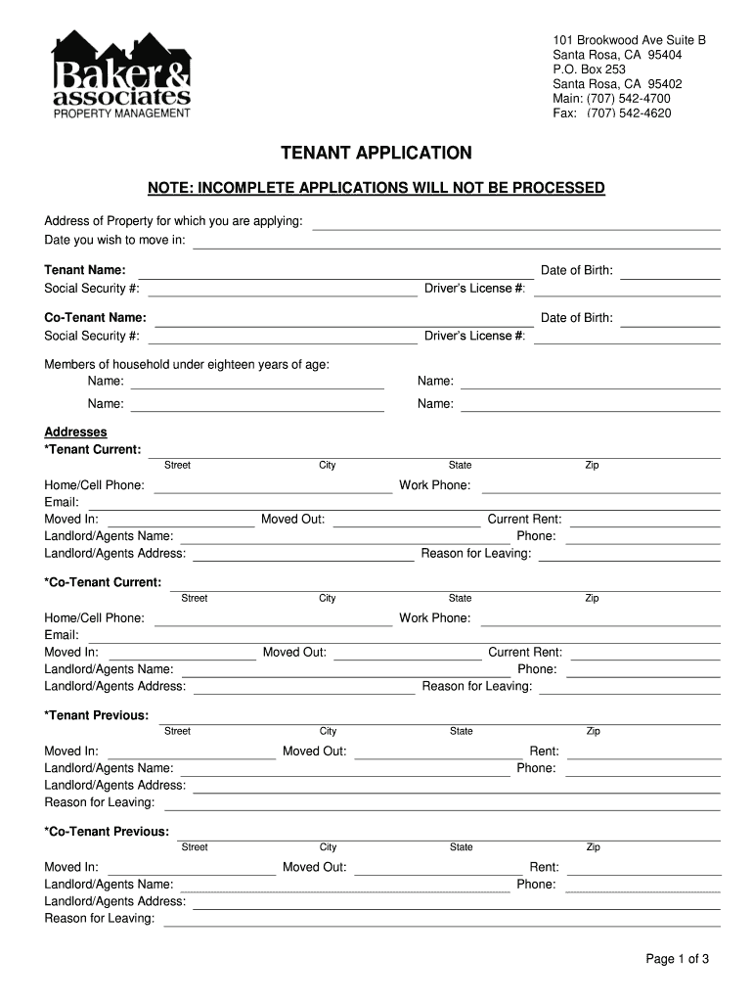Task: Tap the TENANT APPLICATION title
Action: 376,154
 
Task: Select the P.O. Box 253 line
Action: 589,69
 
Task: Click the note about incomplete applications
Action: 376,188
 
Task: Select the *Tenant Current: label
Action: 93,449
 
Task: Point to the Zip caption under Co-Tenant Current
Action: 592,598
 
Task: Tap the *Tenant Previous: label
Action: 97,715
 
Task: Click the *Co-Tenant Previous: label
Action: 107,832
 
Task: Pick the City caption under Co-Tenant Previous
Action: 328,847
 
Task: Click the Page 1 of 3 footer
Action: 677,959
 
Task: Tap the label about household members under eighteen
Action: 187,365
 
